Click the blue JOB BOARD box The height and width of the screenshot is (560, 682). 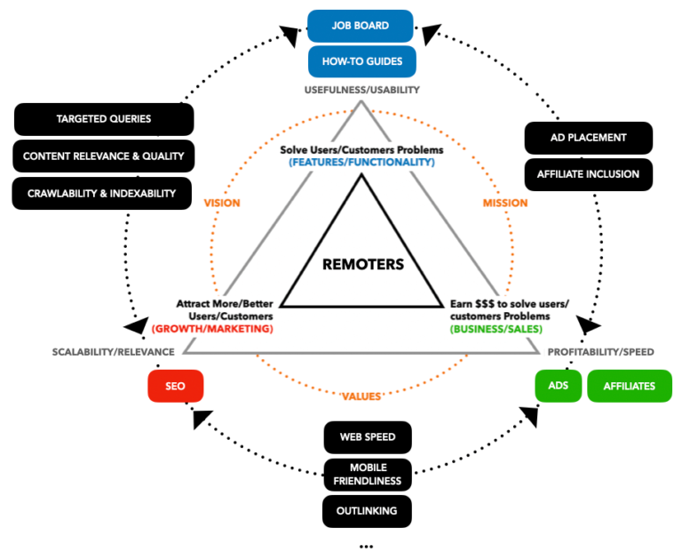pos(361,26)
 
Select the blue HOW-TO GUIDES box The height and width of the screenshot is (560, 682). pos(361,61)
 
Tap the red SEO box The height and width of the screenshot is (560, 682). pos(176,387)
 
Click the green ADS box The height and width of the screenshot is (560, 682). pos(558,386)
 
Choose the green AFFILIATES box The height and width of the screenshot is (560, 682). pos(629,386)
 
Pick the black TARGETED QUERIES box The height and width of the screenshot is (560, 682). pos(104,119)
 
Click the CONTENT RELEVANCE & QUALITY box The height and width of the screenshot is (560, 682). pos(103,156)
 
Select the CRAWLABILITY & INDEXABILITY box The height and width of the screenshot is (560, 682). pos(101,193)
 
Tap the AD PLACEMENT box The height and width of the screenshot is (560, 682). pos(588,138)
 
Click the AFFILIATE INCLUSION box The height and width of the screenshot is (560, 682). pos(588,174)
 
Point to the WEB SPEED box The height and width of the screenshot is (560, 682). pos(367,436)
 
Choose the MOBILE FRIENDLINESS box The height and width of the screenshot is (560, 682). pos(367,474)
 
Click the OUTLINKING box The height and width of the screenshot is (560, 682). pos(367,511)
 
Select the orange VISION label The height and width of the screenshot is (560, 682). pos(222,203)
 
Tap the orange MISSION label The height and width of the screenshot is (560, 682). pos(504,203)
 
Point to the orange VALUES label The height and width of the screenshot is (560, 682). pos(361,396)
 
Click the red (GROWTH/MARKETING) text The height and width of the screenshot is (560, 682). pos(212,328)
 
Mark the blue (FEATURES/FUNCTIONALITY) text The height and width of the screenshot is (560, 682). pos(361,162)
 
